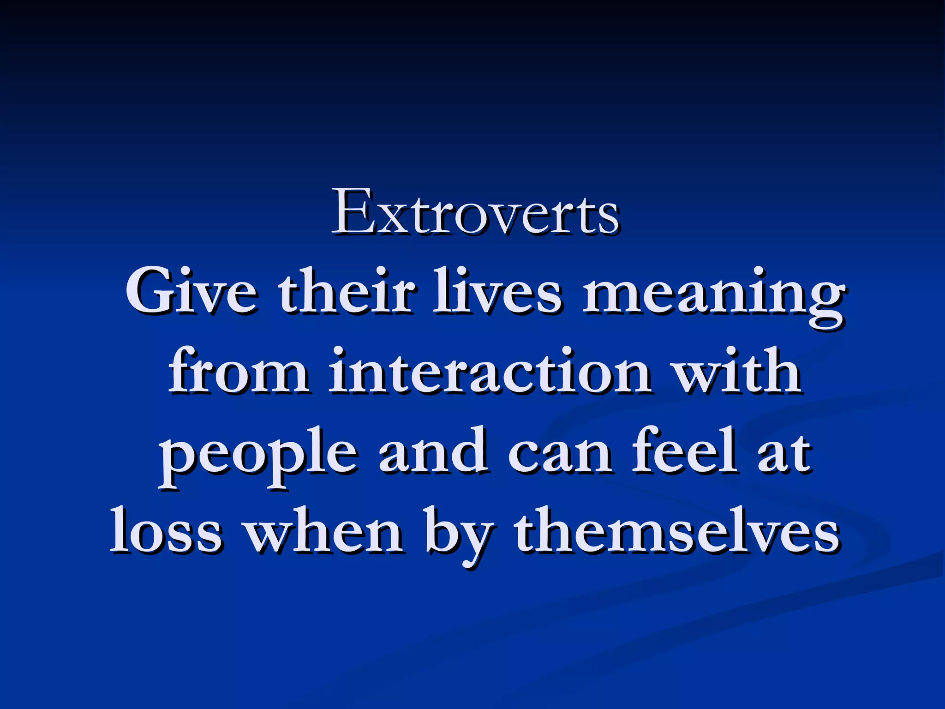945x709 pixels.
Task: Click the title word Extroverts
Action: click(x=475, y=212)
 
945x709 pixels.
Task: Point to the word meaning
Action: click(x=713, y=295)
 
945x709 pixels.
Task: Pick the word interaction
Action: click(x=490, y=372)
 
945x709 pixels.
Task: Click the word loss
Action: click(x=166, y=531)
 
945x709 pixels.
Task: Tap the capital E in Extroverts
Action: click(x=354, y=212)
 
